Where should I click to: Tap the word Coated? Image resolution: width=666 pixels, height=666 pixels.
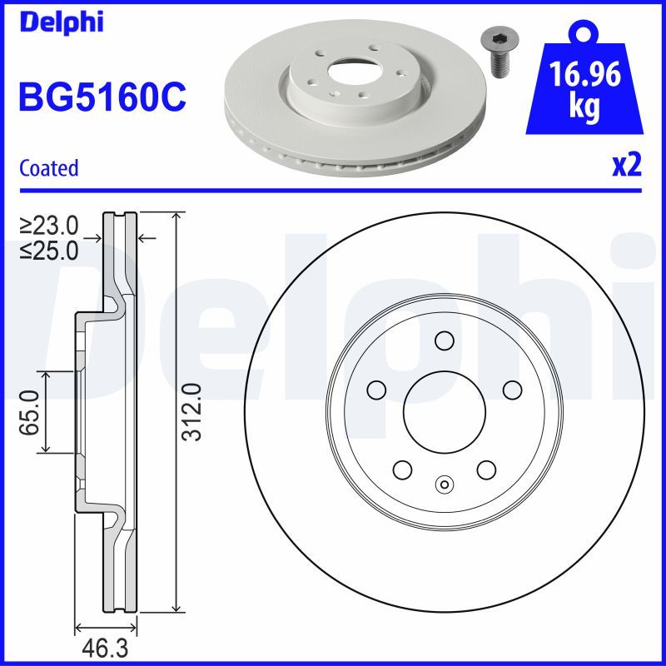pos(49,168)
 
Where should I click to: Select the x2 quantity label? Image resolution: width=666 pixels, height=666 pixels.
pos(626,166)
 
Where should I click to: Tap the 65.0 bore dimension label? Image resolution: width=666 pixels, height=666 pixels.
pos(31,412)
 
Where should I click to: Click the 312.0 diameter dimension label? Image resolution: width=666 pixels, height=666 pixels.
pos(192,412)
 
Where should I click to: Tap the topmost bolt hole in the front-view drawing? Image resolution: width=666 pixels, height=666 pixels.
pos(444,340)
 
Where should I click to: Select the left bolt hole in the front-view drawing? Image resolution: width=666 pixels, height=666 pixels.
pos(376,390)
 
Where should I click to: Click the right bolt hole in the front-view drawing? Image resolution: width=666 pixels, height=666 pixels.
pos(511,390)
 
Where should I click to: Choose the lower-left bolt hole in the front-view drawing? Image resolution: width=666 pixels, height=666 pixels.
pos(402,469)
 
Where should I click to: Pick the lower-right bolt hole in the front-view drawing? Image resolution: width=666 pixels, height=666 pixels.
pos(486,469)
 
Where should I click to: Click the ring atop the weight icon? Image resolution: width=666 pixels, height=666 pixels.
pos(582,32)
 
